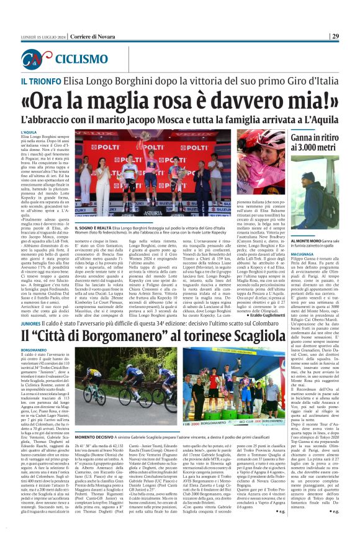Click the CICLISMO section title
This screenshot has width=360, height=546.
(81, 60)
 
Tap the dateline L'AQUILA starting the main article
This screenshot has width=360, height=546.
(29, 132)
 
